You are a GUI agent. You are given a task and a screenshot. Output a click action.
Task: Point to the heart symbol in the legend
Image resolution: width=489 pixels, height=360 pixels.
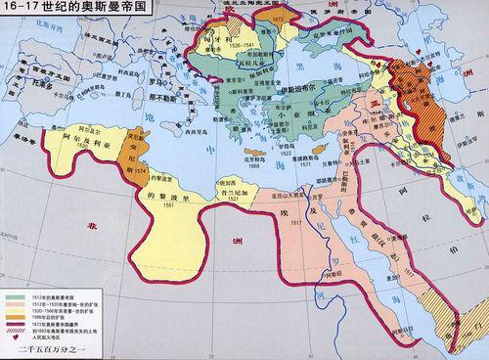click(14, 335)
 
